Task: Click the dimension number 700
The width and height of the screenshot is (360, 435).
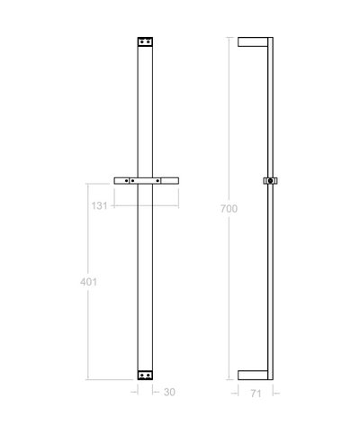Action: [229, 209]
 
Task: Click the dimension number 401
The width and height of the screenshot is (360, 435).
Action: [89, 281]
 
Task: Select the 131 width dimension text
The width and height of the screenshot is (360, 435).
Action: [100, 205]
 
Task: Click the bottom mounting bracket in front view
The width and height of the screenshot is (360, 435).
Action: [146, 375]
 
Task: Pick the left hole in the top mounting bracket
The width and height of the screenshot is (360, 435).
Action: [141, 41]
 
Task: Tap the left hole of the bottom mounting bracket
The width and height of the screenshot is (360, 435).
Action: [141, 375]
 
